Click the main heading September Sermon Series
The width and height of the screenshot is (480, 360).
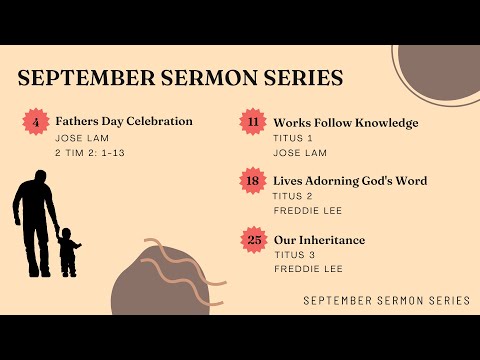(x=180, y=78)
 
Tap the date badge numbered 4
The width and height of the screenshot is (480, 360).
(x=36, y=123)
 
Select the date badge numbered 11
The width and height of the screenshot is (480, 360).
(x=252, y=122)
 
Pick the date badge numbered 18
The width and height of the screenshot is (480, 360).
(x=252, y=181)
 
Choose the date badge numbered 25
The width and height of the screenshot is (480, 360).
(x=252, y=240)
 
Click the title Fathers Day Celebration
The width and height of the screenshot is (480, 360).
(x=124, y=121)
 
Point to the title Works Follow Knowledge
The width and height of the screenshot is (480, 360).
(x=345, y=123)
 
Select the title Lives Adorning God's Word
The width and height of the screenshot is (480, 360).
(x=350, y=181)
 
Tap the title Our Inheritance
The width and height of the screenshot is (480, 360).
(x=319, y=240)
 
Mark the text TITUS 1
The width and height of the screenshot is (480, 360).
(x=293, y=137)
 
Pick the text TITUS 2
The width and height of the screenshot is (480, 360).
(x=293, y=196)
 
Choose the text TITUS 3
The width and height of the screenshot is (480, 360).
(x=293, y=255)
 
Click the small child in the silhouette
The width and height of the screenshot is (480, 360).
(x=68, y=252)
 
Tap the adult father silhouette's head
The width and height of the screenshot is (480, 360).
(x=37, y=177)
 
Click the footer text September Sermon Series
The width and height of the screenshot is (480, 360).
(x=386, y=300)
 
